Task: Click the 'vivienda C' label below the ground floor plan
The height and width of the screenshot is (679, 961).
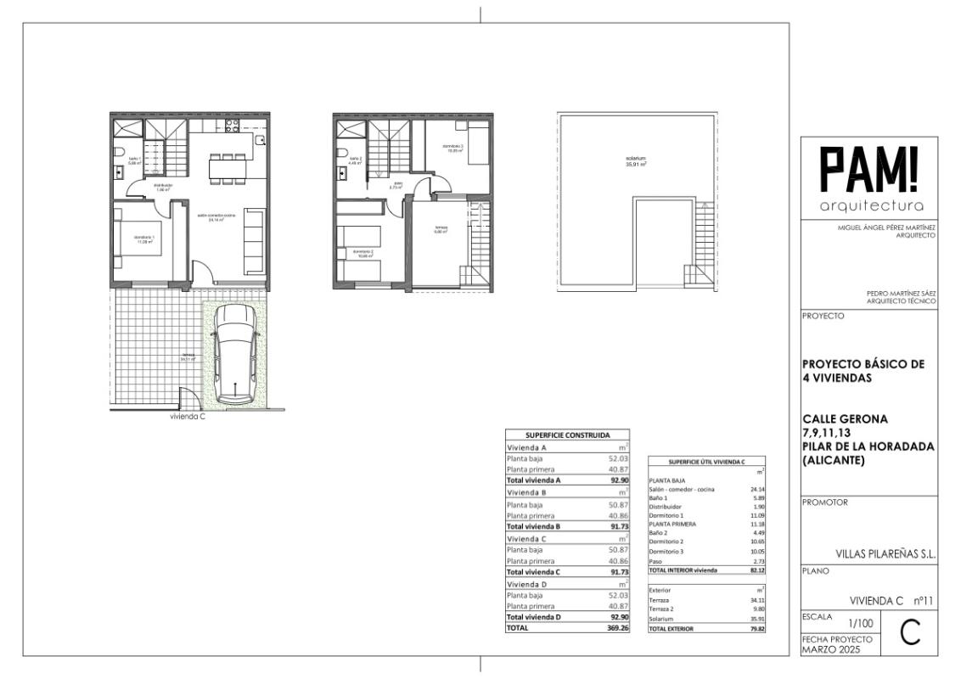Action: (x=187, y=417)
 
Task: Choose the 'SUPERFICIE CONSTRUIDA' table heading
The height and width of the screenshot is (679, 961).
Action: (x=567, y=435)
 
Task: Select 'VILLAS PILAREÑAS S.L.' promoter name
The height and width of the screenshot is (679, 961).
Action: (x=885, y=553)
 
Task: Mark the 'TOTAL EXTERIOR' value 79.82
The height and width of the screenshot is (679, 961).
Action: (x=753, y=629)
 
